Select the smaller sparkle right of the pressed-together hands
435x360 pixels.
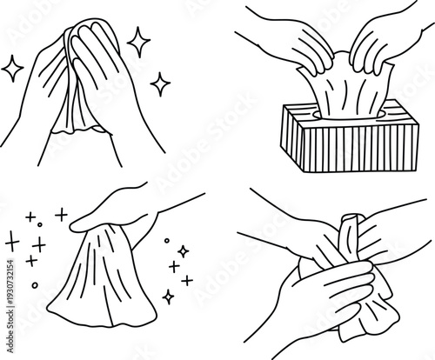159,82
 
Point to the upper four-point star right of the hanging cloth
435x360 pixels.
183,251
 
